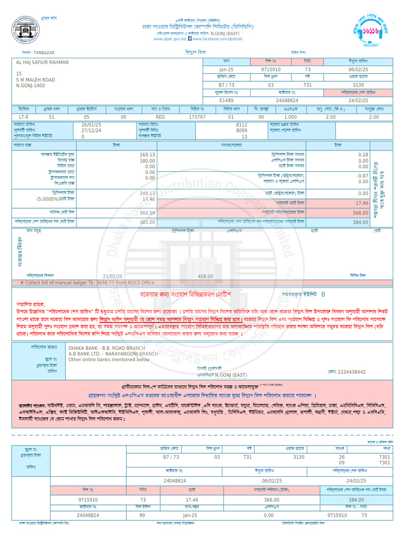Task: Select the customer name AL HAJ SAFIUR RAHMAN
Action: point(42,62)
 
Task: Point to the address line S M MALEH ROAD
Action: point(35,80)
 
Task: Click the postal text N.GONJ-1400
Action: point(31,85)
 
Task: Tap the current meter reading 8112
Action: point(242,125)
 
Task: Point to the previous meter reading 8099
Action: point(242,131)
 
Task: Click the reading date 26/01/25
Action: point(91,125)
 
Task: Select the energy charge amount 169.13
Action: point(147,155)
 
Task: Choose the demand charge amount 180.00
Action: point(147,161)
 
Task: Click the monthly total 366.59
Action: point(147,213)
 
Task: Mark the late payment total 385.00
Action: point(147,222)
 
